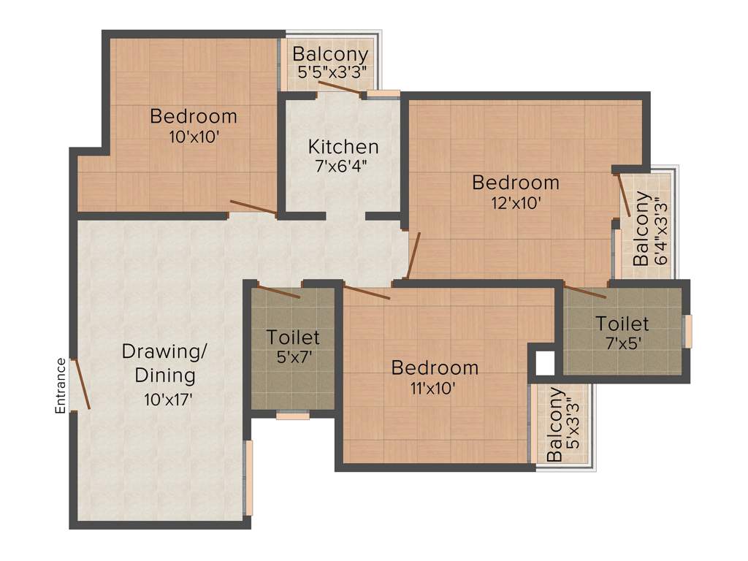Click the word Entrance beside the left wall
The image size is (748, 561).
pyautogui.click(x=61, y=386)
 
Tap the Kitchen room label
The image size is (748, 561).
pyautogui.click(x=333, y=146)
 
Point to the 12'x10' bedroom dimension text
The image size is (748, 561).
pyautogui.click(x=516, y=203)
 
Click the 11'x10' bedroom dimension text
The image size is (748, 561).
pyautogui.click(x=434, y=388)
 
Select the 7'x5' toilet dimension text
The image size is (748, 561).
pyautogui.click(x=622, y=343)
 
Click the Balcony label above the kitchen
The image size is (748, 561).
pyautogui.click(x=330, y=55)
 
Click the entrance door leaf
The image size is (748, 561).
pyautogui.click(x=80, y=383)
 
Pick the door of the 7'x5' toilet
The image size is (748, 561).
pyautogui.click(x=585, y=292)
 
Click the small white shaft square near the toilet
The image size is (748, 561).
pyautogui.click(x=543, y=362)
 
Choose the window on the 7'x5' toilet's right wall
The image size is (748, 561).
pyautogui.click(x=687, y=331)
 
